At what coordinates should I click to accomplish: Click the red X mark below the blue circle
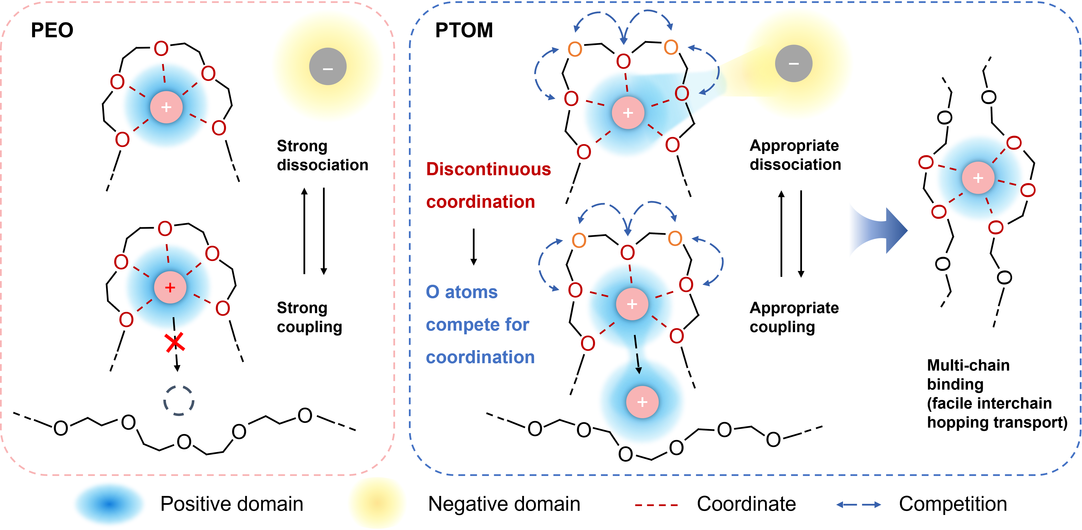point(175,343)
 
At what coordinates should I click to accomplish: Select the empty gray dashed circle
point(179,401)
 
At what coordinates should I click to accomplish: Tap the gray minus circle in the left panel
point(328,67)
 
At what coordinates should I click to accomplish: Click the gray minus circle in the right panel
point(793,63)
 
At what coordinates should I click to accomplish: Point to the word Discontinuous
point(488,169)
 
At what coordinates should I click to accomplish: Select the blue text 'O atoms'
point(461,292)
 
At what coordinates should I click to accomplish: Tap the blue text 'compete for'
point(478,325)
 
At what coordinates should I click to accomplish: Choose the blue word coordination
point(480,357)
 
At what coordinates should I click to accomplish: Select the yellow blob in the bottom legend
point(377,503)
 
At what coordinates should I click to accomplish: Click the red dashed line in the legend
point(656,505)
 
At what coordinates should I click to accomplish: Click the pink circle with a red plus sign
point(170,287)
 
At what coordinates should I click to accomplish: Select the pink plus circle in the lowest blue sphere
point(642,402)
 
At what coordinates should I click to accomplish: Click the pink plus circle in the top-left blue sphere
point(166,107)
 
